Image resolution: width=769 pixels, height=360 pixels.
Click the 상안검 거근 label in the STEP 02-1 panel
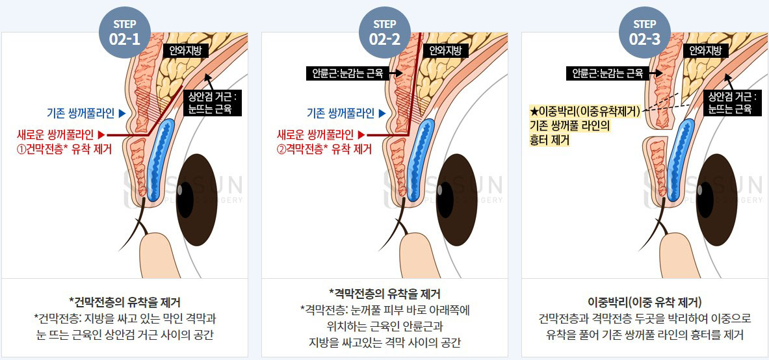pyautogui.click(x=212, y=103)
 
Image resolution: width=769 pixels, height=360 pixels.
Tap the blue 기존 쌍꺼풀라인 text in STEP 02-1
pyautogui.click(x=81, y=113)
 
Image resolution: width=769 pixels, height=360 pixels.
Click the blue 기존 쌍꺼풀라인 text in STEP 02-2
pyautogui.click(x=341, y=113)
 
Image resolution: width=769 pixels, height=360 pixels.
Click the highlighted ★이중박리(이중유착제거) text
pyautogui.click(x=585, y=111)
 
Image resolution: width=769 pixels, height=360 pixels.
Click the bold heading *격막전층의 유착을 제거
pyautogui.click(x=385, y=294)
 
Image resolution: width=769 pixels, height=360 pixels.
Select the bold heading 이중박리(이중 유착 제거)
pyautogui.click(x=644, y=301)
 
